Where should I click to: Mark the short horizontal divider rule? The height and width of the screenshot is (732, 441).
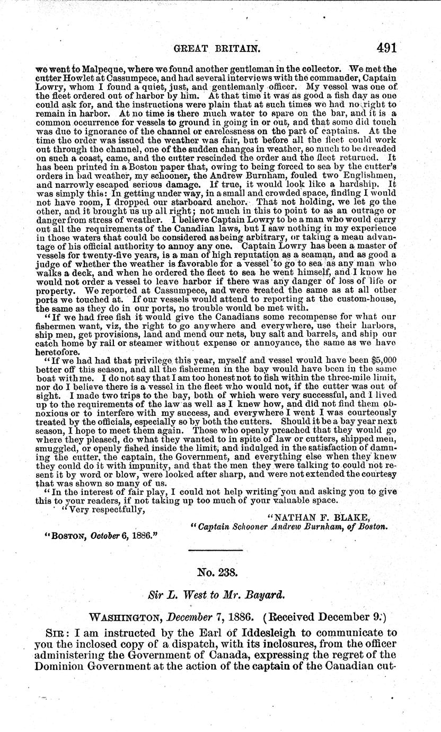tap(219, 550)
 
